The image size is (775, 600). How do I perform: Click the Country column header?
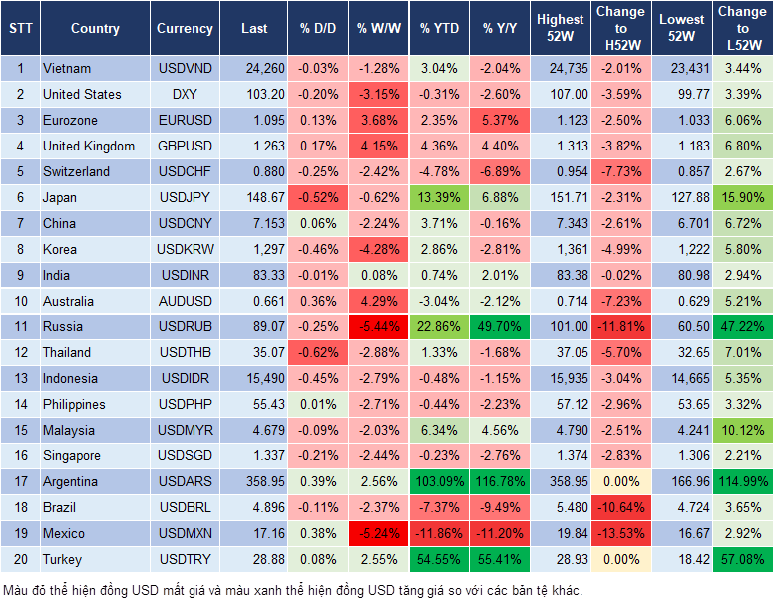click(95, 29)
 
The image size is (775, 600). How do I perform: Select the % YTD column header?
click(439, 29)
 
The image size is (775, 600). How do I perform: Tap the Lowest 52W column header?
click(683, 29)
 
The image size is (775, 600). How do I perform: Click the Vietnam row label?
click(67, 68)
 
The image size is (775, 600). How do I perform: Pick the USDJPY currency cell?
click(185, 197)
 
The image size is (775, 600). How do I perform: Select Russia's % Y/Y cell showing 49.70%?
click(501, 326)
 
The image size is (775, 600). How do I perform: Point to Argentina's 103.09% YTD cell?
click(439, 481)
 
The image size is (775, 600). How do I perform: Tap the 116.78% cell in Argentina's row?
click(501, 481)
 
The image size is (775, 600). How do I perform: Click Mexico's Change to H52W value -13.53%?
click(620, 533)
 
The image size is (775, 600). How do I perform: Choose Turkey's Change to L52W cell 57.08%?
click(742, 559)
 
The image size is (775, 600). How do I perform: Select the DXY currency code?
click(185, 94)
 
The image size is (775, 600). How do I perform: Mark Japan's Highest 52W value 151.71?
click(560, 197)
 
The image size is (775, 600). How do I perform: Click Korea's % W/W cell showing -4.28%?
click(378, 249)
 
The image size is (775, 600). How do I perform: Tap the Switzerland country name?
click(76, 171)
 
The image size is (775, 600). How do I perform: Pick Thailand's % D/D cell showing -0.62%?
click(318, 352)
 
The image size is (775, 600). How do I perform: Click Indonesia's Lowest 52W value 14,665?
click(683, 378)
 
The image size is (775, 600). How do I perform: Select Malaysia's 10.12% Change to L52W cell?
click(742, 430)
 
